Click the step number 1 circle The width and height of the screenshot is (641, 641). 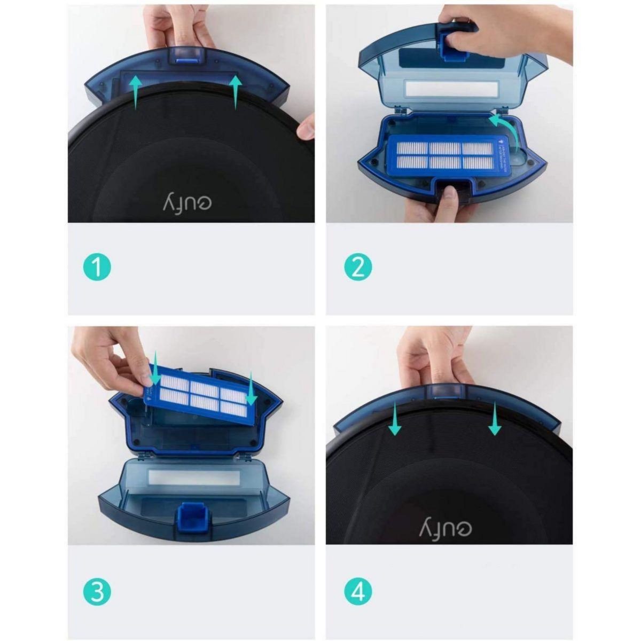coord(97,267)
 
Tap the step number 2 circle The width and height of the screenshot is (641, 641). coord(357,267)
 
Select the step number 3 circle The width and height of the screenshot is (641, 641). coord(97,592)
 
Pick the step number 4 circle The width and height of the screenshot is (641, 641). coord(357,592)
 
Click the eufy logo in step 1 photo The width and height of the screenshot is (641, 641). coord(187,201)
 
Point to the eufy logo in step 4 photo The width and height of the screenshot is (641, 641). coord(446,527)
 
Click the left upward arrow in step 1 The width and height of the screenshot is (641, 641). coord(136,91)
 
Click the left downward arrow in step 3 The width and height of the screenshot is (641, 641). coord(154,369)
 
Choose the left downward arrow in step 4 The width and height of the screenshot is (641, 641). coord(395,419)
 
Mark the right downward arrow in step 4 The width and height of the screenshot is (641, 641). coord(495,419)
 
